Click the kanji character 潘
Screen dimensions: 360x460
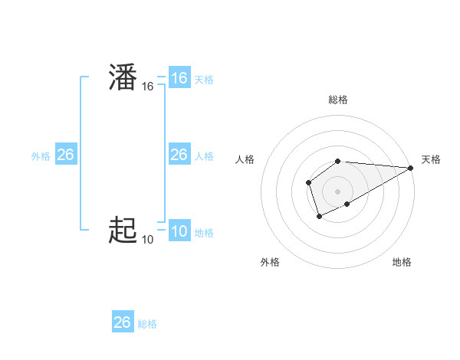123,79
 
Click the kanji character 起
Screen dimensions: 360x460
123,230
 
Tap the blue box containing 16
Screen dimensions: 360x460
179,78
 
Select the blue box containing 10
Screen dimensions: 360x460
179,231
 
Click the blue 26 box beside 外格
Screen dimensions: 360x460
65,155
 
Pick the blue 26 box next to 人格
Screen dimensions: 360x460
179,155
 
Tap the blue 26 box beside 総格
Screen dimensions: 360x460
123,322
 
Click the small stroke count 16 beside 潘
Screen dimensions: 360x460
148,87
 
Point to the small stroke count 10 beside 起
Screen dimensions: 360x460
147,240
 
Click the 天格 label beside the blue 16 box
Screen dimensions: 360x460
204,80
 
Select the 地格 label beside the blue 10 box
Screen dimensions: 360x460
204,233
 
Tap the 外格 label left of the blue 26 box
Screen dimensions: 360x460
41,156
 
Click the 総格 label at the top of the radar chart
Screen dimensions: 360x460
338,100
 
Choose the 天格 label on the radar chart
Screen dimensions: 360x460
431,159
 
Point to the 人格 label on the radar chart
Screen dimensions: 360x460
245,159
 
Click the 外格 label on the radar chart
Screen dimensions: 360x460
270,262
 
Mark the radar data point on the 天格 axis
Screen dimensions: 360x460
411,168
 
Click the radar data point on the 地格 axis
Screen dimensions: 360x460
347,204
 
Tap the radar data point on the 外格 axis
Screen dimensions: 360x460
319,217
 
